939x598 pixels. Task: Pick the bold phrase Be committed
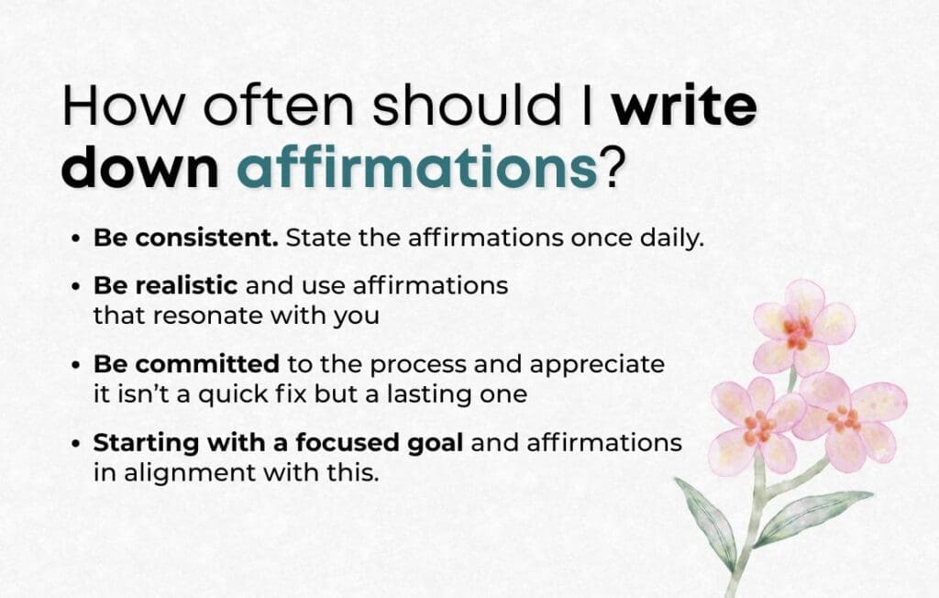pyautogui.click(x=185, y=363)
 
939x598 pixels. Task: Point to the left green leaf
pyautogui.click(x=706, y=519)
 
